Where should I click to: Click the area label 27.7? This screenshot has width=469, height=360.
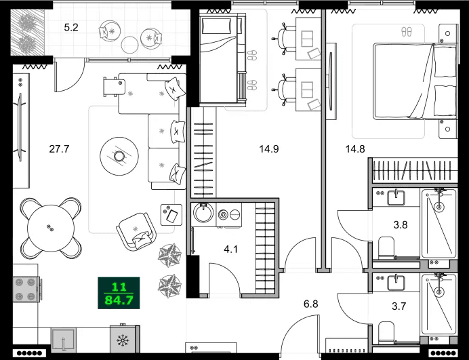[60, 148]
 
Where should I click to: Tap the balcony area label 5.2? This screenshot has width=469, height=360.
[71, 28]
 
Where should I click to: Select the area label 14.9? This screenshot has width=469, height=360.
[270, 148]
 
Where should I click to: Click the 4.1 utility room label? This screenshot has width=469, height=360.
[230, 248]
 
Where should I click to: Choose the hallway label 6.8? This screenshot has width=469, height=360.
[311, 304]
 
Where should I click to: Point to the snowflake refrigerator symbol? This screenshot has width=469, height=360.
[122, 340]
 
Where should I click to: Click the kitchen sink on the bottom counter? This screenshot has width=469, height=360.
[64, 342]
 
